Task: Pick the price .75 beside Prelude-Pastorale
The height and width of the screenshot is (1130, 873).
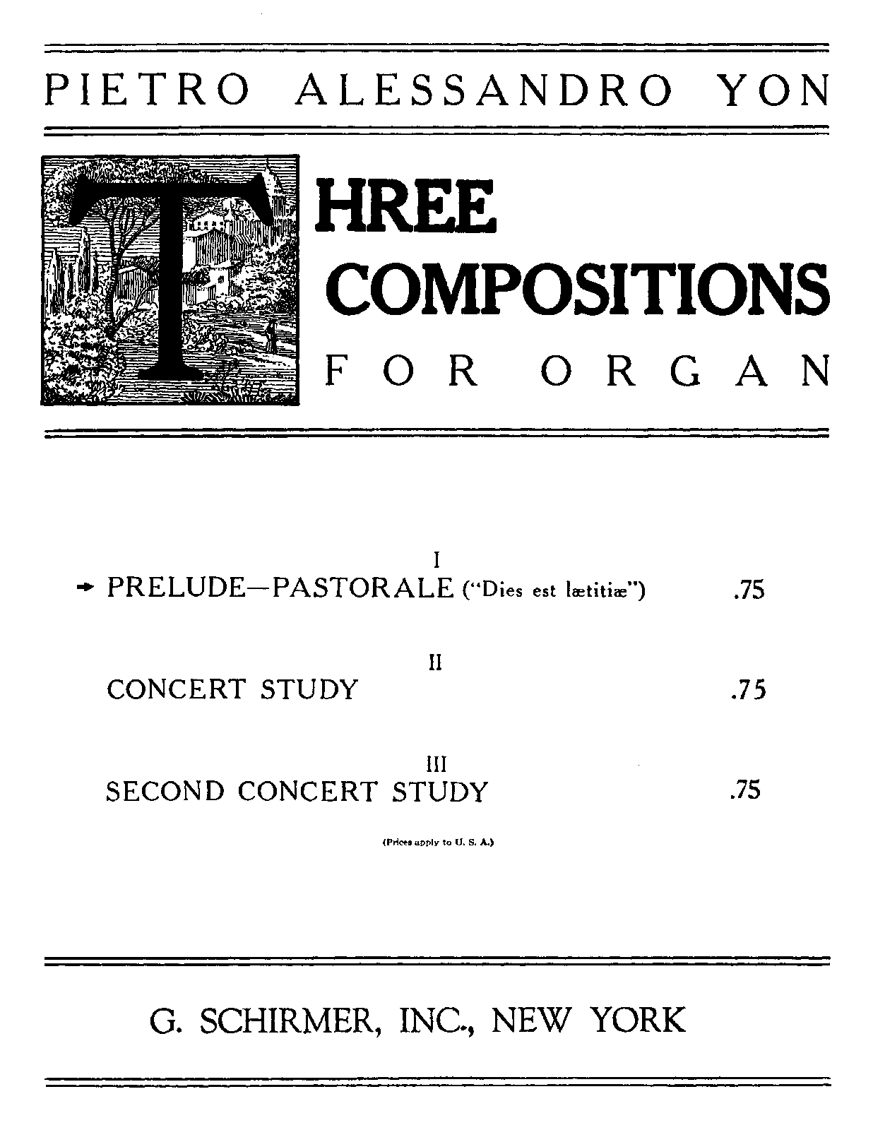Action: (748, 590)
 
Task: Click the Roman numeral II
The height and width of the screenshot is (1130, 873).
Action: (436, 662)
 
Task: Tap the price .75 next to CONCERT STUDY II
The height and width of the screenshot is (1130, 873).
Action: (748, 690)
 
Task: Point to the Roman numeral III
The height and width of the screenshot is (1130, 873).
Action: (436, 763)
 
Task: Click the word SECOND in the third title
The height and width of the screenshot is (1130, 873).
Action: (167, 791)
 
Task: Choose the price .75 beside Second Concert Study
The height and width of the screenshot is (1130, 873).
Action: (745, 790)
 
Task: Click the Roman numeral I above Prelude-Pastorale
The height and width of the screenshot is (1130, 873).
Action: (436, 561)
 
